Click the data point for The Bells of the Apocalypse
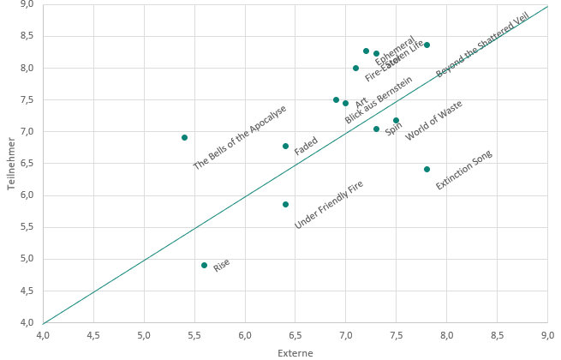184,137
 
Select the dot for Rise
204,265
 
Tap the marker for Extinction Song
427,169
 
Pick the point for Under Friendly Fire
285,204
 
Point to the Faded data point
285,146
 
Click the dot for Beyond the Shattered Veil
427,45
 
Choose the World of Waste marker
396,121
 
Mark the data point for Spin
376,129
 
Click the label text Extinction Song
463,171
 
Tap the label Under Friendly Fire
329,205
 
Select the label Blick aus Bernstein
379,100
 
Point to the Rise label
222,265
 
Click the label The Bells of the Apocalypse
239,138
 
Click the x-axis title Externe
295,352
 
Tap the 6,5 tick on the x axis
244,333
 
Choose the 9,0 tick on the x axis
547,333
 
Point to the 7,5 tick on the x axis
396,333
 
